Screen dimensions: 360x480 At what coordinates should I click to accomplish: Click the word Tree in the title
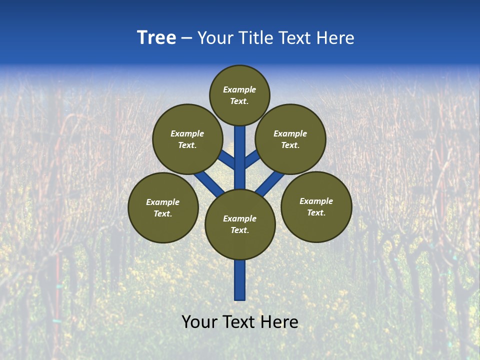[x=156, y=38]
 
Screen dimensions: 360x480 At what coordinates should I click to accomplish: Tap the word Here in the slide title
[x=334, y=38]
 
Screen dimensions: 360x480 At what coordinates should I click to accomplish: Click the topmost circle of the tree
[x=239, y=95]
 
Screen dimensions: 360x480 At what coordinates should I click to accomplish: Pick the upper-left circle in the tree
[x=187, y=139]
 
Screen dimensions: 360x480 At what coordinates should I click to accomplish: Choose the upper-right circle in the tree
[x=290, y=139]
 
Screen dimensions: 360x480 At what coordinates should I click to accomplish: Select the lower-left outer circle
[x=163, y=207]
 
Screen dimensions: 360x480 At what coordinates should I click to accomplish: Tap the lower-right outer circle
[x=316, y=206]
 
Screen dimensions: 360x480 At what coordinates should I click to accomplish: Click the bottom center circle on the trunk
[x=240, y=224]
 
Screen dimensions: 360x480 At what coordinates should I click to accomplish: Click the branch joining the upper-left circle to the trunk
[x=226, y=159]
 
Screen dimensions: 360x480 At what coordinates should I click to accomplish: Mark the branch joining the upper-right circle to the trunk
[x=252, y=159]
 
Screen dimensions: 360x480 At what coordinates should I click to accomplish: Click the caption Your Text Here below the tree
[x=240, y=322]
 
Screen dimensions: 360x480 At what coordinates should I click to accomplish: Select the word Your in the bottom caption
[x=199, y=322]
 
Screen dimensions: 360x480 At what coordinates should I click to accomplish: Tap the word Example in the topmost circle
[x=239, y=89]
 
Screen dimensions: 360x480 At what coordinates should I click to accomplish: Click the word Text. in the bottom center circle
[x=239, y=230]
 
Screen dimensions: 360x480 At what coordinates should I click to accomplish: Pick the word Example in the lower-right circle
[x=316, y=201]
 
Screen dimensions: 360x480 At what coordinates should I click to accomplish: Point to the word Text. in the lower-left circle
[x=162, y=214]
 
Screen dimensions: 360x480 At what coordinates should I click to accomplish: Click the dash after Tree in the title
[x=186, y=38]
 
